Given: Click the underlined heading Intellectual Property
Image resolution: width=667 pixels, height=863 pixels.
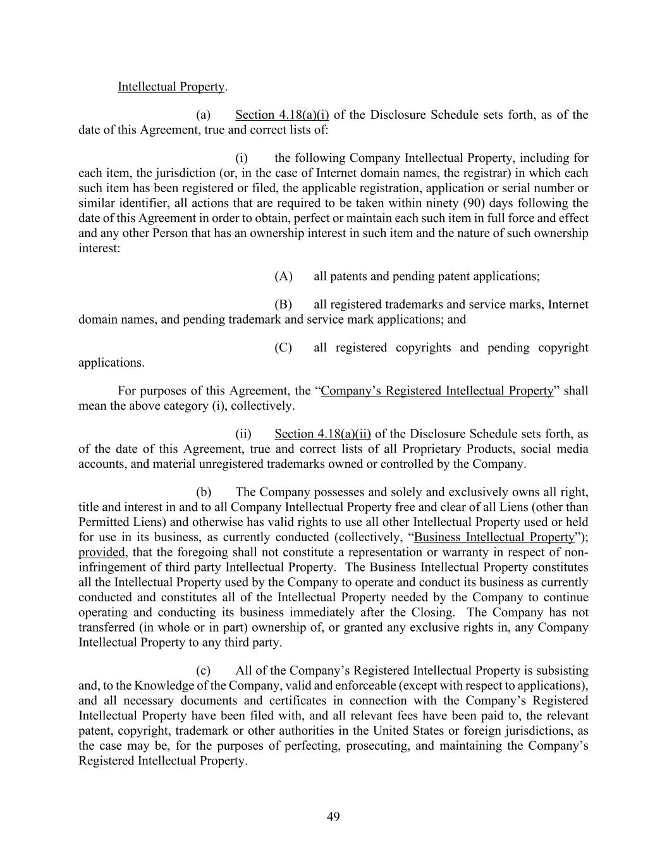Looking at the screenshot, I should [x=171, y=87].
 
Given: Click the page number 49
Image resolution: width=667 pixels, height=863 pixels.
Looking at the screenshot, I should [x=333, y=817].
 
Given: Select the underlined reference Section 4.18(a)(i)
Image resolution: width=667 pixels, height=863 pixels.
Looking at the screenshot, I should [x=282, y=115].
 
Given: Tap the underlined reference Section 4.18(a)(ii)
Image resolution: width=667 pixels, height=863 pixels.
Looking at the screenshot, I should [x=322, y=434].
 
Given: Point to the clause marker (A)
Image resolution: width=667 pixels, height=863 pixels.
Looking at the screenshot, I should [x=283, y=276].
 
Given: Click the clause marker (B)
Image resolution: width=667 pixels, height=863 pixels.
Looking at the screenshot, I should [x=283, y=304].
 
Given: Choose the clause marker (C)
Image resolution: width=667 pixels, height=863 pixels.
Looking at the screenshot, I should [x=283, y=348].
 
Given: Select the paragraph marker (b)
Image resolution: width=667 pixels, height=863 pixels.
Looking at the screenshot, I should [x=204, y=492].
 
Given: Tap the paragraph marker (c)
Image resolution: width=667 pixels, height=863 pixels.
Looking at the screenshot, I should [x=204, y=670].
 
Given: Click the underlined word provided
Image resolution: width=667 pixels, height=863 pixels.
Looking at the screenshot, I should [x=101, y=553].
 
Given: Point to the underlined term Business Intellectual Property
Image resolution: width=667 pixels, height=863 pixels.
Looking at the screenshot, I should [x=494, y=537].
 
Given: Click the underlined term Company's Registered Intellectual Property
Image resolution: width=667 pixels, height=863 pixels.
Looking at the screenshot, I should [x=437, y=391].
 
